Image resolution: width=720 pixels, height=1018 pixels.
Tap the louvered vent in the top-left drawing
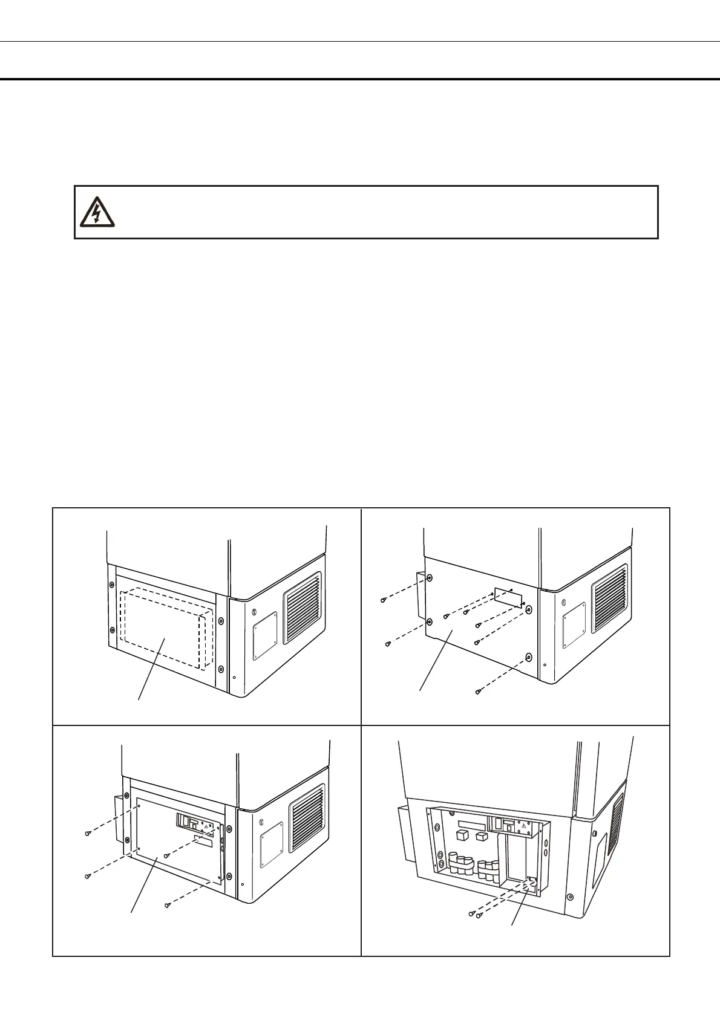tap(303, 608)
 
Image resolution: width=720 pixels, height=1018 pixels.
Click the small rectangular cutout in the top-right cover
tap(509, 598)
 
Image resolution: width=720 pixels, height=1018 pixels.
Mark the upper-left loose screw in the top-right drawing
tap(384, 600)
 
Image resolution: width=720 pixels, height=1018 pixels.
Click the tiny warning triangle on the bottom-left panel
tap(206, 826)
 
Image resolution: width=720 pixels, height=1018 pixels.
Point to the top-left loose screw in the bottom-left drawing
tap(87, 834)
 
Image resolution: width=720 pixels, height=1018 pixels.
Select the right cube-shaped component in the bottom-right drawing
tap(482, 837)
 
